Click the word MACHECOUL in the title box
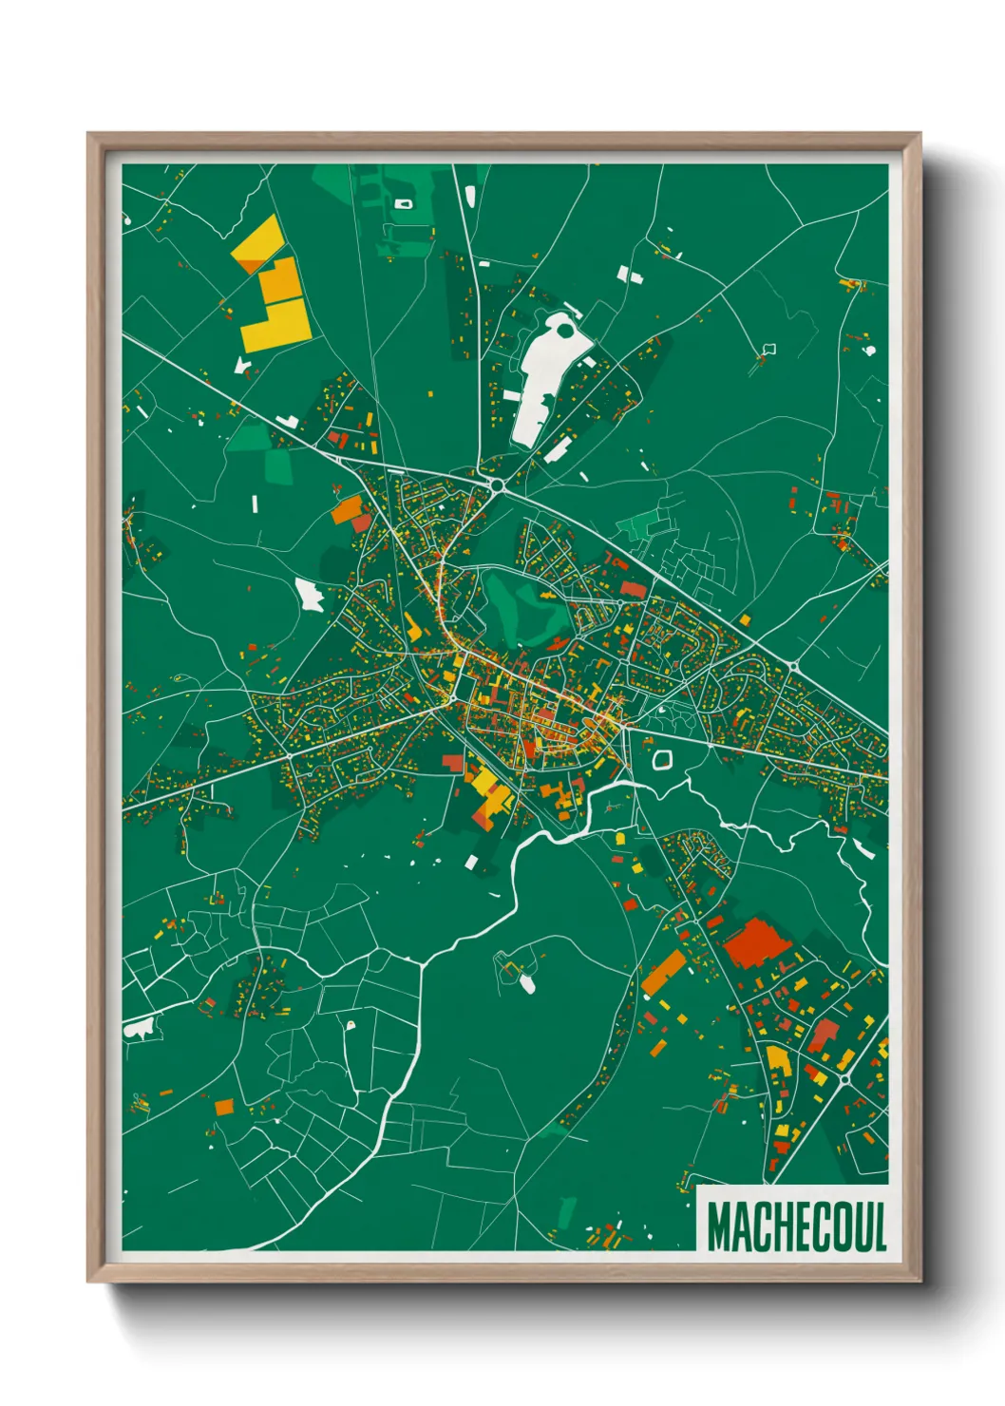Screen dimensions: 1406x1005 pos(796,1226)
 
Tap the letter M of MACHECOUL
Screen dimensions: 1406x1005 pos(719,1226)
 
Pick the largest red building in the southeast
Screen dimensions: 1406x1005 pos(757,941)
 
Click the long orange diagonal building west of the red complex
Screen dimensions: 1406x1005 pos(663,973)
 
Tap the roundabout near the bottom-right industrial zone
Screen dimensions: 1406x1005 pos(844,1080)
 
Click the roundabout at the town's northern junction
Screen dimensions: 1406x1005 pos(497,484)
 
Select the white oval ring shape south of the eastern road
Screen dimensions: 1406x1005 pos(662,758)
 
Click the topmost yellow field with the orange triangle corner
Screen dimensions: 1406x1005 pos(257,243)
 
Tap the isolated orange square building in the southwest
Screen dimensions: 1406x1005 pos(224,1107)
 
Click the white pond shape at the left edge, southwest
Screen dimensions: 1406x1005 pos(139,1028)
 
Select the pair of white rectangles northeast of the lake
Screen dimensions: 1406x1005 pos(629,275)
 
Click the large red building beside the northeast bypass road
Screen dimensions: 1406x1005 pos(633,590)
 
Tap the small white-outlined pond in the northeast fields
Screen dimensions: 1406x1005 pos(769,349)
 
